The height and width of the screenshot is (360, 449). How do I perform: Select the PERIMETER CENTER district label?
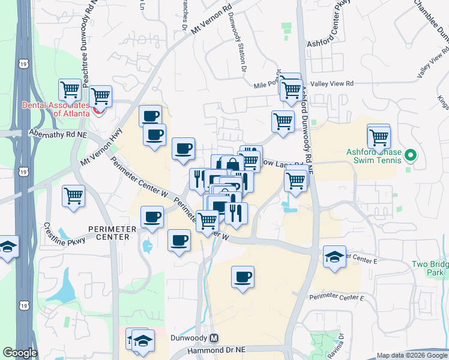[108, 233]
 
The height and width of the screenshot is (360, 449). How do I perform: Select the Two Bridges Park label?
[430, 268]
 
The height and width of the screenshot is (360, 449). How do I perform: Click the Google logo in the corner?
[20, 353]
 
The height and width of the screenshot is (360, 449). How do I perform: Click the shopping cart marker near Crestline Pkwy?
[73, 196]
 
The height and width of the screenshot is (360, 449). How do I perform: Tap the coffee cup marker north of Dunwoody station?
[243, 277]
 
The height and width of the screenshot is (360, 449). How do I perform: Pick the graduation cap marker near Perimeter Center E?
[334, 257]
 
